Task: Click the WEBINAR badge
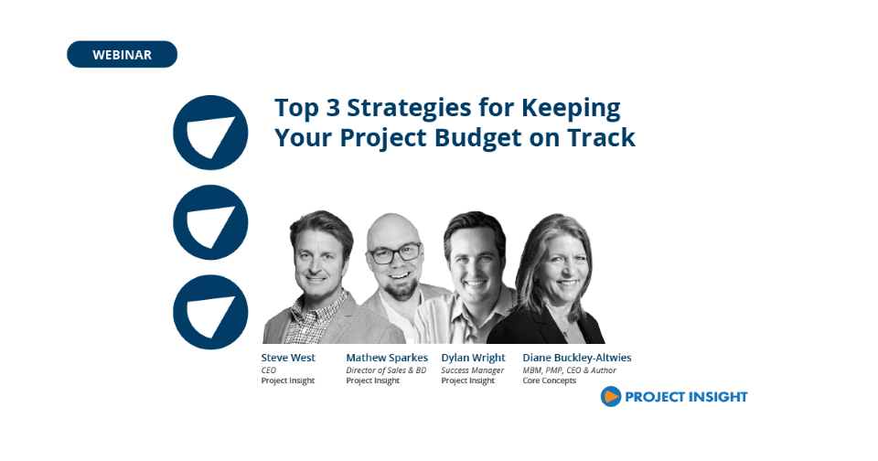click(x=122, y=54)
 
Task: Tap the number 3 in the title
click(x=333, y=108)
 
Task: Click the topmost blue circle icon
click(x=210, y=133)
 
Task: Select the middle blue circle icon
click(x=210, y=222)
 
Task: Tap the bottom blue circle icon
click(x=210, y=312)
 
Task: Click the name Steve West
click(x=288, y=358)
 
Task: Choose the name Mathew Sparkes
click(x=387, y=358)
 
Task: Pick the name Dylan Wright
click(x=473, y=358)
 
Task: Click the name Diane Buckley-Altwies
click(x=577, y=358)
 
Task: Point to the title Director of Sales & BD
click(x=386, y=370)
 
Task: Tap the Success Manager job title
click(x=472, y=370)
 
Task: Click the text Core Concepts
click(x=550, y=381)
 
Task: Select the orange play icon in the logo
click(x=611, y=397)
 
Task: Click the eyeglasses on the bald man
click(x=395, y=253)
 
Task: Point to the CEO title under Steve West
click(x=269, y=370)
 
